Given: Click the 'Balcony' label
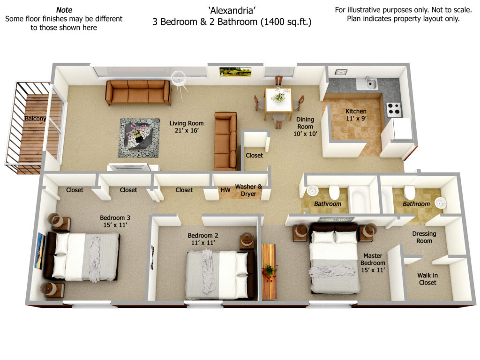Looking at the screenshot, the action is pos(35,119).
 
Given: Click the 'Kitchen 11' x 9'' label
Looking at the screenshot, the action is pos(356,115).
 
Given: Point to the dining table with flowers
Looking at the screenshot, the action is pos(278,100).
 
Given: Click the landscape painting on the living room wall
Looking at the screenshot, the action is pos(235,72).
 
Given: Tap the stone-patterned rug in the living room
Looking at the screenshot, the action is pos(139,138).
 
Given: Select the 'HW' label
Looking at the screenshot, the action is pos(225,190).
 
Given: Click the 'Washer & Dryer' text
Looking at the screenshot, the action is pos(248,190).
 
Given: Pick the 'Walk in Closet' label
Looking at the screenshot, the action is pos(427,279).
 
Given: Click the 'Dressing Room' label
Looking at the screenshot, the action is pos(424,237).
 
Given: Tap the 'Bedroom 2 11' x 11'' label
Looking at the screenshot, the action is pos(203,239).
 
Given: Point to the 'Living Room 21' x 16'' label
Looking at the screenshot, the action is pos(187,127).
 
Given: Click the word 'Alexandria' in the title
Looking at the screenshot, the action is pos(232,11).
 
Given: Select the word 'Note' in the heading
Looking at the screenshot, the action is pos(64,10).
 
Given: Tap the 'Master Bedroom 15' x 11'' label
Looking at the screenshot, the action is pos(373,263).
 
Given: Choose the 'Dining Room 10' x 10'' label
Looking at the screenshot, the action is pos(305,127).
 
